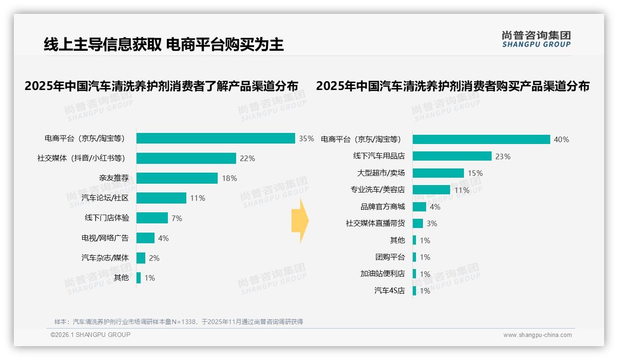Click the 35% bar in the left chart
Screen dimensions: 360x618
pos(215,138)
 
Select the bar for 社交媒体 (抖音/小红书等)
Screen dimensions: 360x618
pos(186,158)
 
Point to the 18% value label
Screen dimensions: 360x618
pos(229,178)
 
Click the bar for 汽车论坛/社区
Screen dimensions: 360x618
pos(161,198)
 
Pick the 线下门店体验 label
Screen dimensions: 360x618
pos(107,218)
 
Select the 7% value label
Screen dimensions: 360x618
pos(177,218)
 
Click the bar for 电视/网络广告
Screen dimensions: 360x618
pos(145,238)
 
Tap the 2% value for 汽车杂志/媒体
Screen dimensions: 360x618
pos(154,258)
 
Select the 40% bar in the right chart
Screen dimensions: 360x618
pos(481,139)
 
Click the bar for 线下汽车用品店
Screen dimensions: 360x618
pos(452,156)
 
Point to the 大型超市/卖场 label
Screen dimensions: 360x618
pos(381,173)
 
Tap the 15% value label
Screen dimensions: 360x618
pos(475,173)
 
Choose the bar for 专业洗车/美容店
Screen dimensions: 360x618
pos(431,190)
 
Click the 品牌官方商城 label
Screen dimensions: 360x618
pos(383,207)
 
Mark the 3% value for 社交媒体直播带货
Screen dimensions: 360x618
pos(432,223)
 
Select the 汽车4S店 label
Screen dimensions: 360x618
pos(390,291)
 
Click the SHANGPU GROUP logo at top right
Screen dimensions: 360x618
pos(536,39)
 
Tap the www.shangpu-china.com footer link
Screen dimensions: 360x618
pos(537,335)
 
